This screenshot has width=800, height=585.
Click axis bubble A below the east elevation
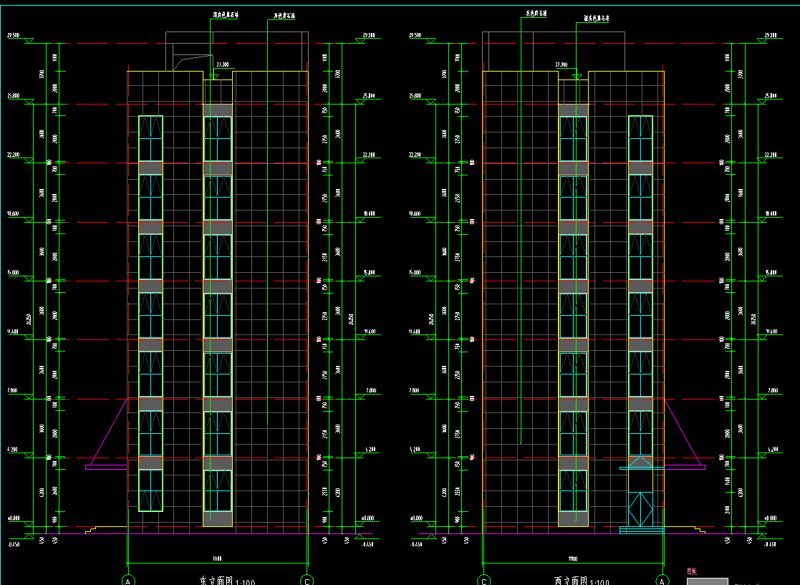point(129,579)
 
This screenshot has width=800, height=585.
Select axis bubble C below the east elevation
point(307,579)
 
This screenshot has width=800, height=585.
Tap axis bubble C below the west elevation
point(484,579)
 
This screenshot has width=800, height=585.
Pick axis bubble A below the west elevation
point(662,579)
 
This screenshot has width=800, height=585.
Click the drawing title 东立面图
point(212,581)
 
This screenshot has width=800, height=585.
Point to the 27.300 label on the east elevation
point(222,64)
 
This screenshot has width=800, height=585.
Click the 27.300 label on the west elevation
point(561,64)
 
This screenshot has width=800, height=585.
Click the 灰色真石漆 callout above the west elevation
point(536,13)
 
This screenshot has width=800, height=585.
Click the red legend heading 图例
point(692,571)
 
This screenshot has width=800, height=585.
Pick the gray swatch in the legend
point(707,581)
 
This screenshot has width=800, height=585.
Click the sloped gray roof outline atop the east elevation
point(188,62)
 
